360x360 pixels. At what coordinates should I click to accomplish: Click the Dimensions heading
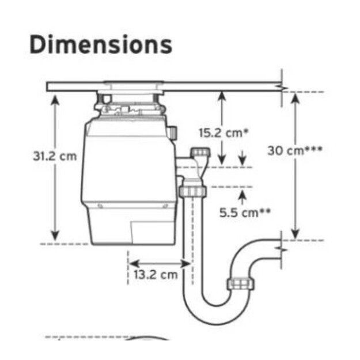coord(101,44)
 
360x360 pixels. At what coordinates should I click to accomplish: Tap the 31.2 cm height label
coord(55,156)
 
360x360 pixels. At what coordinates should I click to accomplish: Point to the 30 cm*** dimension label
coord(295,150)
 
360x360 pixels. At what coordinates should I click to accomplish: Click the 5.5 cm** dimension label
coord(245,213)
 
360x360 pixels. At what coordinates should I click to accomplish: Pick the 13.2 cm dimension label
coord(156,275)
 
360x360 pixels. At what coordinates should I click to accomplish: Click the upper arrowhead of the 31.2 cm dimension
coord(55,100)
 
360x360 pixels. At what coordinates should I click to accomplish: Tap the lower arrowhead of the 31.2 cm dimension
coord(55,236)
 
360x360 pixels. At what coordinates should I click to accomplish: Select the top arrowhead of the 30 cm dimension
coord(295,98)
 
